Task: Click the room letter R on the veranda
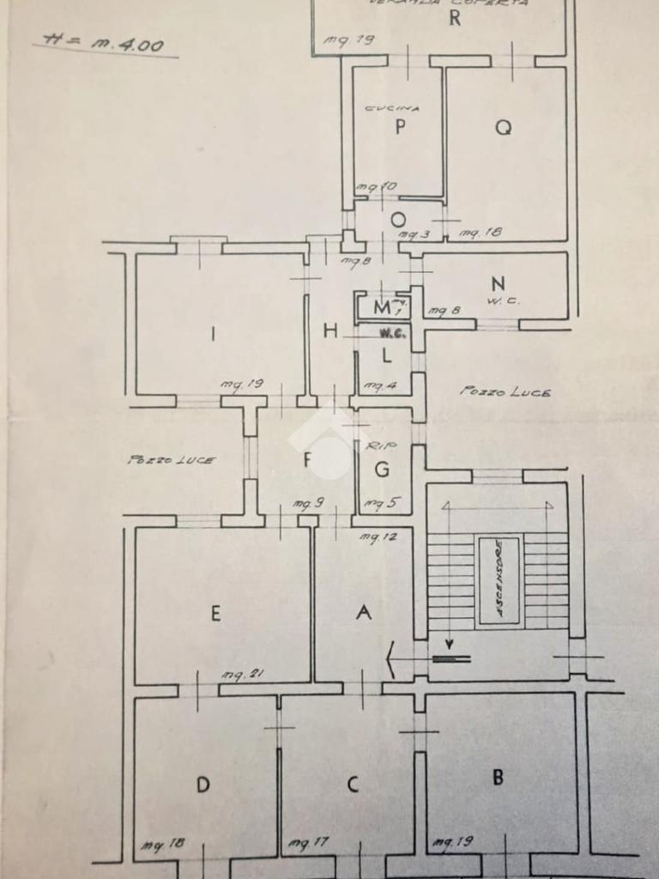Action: pyautogui.click(x=455, y=17)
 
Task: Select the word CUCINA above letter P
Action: pyautogui.click(x=392, y=109)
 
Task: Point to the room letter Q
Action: pyautogui.click(x=504, y=127)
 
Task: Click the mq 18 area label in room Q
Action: pyautogui.click(x=480, y=232)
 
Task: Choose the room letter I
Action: pyautogui.click(x=213, y=335)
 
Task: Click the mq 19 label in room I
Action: pyautogui.click(x=239, y=385)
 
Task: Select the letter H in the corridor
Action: pyautogui.click(x=330, y=331)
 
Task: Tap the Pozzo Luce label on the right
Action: pyautogui.click(x=505, y=391)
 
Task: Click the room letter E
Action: pyautogui.click(x=215, y=613)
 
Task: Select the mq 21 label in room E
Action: pyautogui.click(x=241, y=675)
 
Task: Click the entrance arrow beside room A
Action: pyautogui.click(x=392, y=659)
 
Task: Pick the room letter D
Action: pyautogui.click(x=203, y=784)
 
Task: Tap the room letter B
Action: pyautogui.click(x=498, y=779)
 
